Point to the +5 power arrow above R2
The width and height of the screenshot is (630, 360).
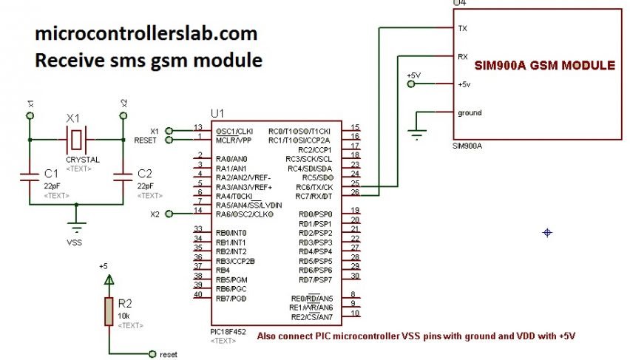pos(109,279)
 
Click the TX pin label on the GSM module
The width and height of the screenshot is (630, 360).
pos(463,28)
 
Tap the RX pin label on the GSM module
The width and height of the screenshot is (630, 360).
pos(463,56)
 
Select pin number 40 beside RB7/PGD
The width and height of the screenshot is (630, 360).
pos(197,294)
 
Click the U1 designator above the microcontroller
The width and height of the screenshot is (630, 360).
pos(217,113)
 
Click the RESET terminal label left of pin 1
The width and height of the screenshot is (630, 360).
pos(145,139)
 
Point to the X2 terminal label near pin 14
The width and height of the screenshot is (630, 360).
pos(155,214)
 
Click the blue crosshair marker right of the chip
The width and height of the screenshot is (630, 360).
pos(547,233)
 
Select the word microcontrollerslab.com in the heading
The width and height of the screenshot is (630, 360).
pos(146,33)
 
